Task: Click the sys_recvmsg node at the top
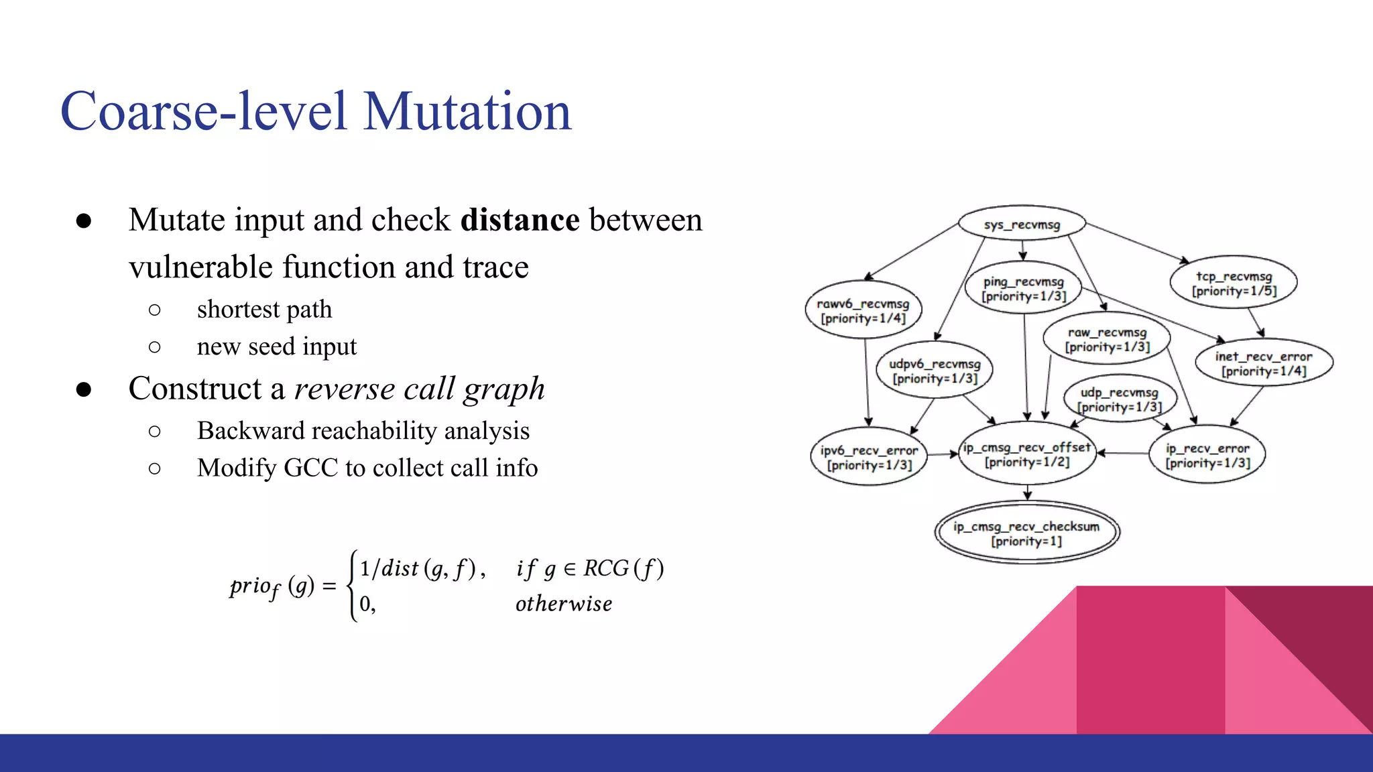pyautogui.click(x=1022, y=224)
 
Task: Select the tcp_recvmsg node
pyautogui.click(x=1234, y=283)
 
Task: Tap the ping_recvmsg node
pyautogui.click(x=1023, y=289)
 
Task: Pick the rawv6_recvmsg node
pyautogui.click(x=863, y=310)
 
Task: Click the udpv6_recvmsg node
pyautogui.click(x=935, y=371)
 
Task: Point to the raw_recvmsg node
pyautogui.click(x=1107, y=339)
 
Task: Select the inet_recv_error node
pyautogui.click(x=1264, y=363)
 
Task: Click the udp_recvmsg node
pyautogui.click(x=1120, y=399)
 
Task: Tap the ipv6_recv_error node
pyautogui.click(x=869, y=457)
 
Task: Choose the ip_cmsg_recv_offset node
pyautogui.click(x=1027, y=454)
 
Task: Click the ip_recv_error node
pyautogui.click(x=1207, y=455)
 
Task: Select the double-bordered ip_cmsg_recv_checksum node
pyautogui.click(x=1026, y=533)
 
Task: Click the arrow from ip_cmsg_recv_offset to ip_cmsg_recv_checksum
pyautogui.click(x=1028, y=493)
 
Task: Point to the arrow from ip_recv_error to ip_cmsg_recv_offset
pyautogui.click(x=1122, y=454)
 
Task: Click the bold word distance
pyautogui.click(x=520, y=220)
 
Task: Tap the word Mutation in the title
pyautogui.click(x=467, y=111)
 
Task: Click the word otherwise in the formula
pyautogui.click(x=563, y=604)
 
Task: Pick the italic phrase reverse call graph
pyautogui.click(x=419, y=389)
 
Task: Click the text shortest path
pyautogui.click(x=264, y=310)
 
